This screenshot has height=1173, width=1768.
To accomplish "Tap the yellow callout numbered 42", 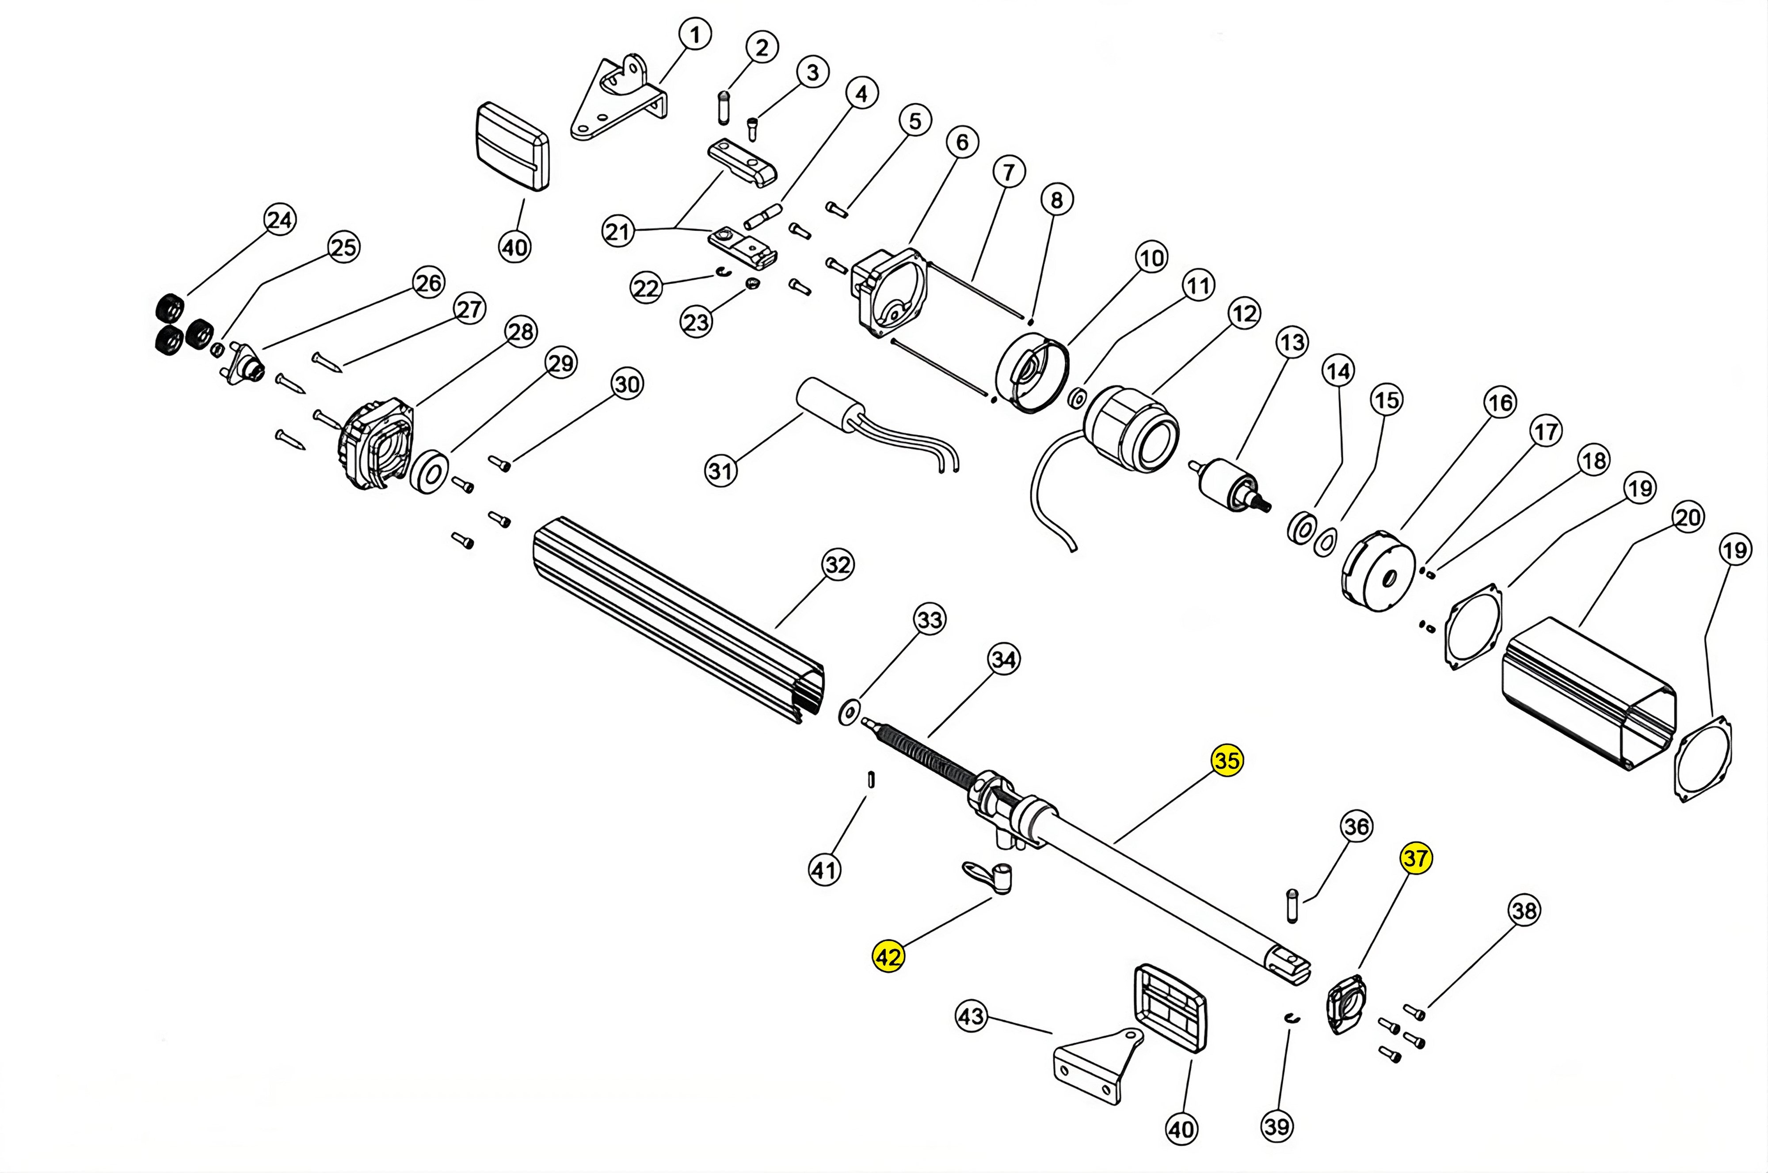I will click(x=888, y=957).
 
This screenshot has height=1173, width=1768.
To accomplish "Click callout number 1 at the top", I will click(x=695, y=34).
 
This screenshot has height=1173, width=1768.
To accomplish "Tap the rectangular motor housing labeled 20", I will click(x=1587, y=696).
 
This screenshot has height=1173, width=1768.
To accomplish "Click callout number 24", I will click(x=280, y=220).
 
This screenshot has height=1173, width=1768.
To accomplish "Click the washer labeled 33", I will click(x=849, y=713).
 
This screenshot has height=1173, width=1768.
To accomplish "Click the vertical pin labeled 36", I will click(x=1291, y=905).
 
